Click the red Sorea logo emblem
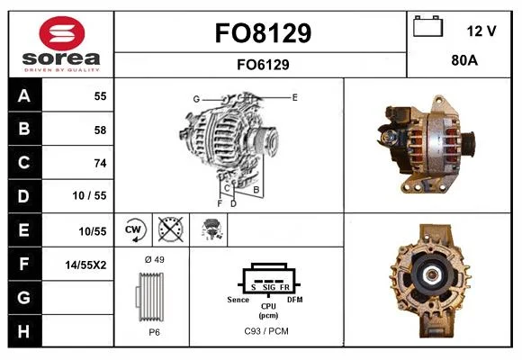point(62,33)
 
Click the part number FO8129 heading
point(263,33)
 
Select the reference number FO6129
point(263,65)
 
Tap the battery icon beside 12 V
point(427,26)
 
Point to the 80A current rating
point(464,60)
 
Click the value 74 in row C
point(100,163)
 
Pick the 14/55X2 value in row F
point(85,265)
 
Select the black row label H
point(24,331)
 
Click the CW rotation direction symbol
point(134,229)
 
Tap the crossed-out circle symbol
point(170,229)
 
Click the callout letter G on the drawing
point(196,99)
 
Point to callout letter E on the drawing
point(294,97)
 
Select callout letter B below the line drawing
point(256,190)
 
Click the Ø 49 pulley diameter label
point(155,259)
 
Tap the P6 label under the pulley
point(154,332)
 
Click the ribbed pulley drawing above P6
point(150,297)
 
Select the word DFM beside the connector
point(295,300)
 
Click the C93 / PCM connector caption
point(266,331)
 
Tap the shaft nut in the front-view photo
point(432,274)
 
